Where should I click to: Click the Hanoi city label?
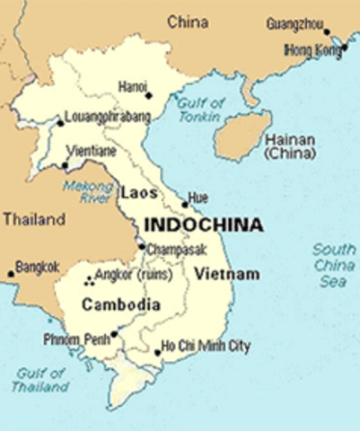132,86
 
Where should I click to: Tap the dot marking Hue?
185,205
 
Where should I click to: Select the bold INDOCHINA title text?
204,225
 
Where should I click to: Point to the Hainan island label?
290,146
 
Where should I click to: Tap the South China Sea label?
333,265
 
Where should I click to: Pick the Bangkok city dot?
12,274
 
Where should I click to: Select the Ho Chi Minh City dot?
157,353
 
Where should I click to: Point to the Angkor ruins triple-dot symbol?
88,280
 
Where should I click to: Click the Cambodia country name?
120,305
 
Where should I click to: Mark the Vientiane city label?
99,154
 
